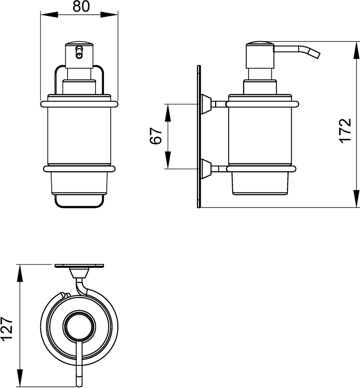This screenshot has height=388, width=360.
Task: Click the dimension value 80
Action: (x=81, y=7)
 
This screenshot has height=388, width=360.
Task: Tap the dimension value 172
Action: (x=345, y=130)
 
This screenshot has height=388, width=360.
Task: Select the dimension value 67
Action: (x=156, y=136)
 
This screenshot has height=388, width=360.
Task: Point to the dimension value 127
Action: (x=7, y=329)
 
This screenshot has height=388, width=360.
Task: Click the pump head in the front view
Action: (x=79, y=55)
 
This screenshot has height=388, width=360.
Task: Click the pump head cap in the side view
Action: (x=259, y=55)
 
